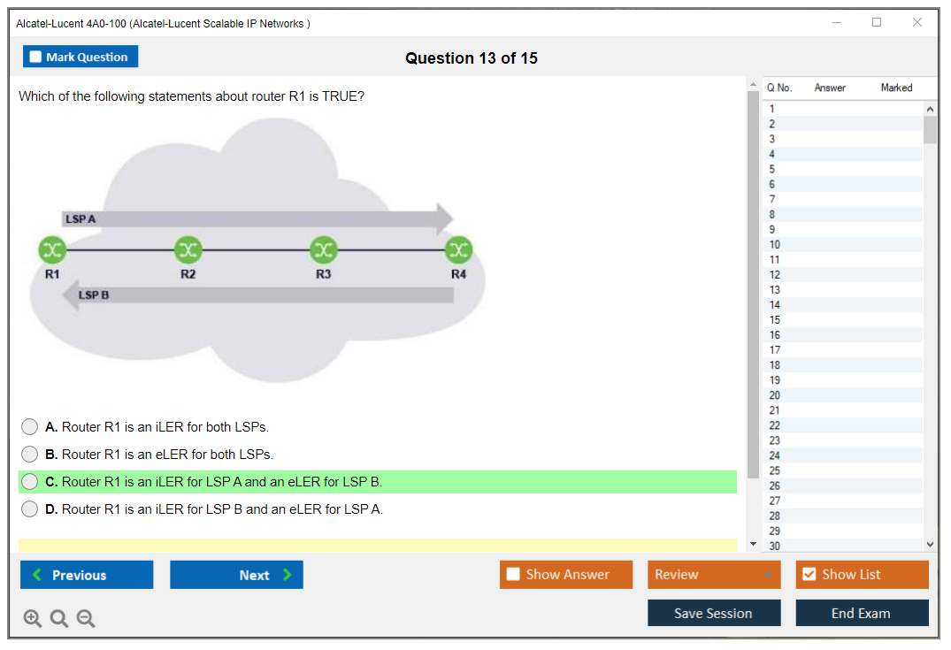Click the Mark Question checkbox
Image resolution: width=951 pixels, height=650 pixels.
pos(36,57)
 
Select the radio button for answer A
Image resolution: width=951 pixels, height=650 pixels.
pos(30,427)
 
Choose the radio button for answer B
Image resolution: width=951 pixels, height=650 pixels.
pos(30,455)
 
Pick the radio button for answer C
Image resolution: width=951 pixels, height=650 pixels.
pos(30,482)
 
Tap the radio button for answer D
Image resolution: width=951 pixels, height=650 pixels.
pos(30,509)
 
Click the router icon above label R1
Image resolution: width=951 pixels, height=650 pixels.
pos(52,250)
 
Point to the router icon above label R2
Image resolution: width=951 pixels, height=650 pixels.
pos(188,250)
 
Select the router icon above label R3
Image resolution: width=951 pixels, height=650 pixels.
pos(323,250)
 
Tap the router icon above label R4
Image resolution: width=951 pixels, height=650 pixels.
pos(458,250)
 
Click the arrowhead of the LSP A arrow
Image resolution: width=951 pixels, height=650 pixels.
pos(443,218)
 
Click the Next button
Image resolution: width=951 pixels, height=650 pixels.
pos(236,575)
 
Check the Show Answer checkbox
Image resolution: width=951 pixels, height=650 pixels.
pos(513,575)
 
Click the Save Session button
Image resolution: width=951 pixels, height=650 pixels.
pos(714,613)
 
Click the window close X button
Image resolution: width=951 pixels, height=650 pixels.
pos(917,23)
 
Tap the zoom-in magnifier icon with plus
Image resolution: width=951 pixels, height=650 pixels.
pos(33,618)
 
